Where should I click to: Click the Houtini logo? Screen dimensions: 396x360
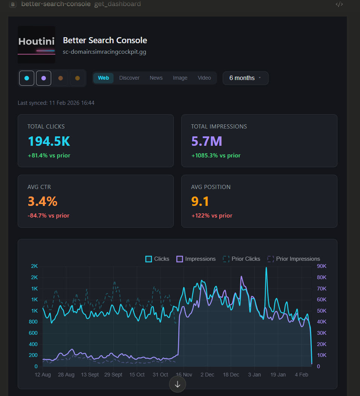coord(36,45)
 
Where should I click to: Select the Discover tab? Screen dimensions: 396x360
coord(129,78)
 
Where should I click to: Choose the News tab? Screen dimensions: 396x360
coord(156,78)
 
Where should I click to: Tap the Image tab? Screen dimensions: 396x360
coord(180,78)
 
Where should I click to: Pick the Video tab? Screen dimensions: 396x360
coord(204,78)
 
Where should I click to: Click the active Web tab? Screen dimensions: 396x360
coord(103,78)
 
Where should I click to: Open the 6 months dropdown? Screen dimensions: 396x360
coord(245,78)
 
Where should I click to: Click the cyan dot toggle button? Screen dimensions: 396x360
coord(27,78)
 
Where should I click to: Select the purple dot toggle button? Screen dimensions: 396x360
coord(44,78)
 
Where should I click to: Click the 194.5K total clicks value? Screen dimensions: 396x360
coord(49,141)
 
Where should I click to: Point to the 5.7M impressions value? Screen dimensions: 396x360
coord(207,141)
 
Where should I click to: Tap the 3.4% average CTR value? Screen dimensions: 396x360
coord(43,201)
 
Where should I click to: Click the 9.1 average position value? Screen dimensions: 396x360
coord(200,201)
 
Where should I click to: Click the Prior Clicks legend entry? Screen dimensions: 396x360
coord(242,259)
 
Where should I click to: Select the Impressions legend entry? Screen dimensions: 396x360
coord(196,259)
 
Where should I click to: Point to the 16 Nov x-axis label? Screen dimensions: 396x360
coord(184,375)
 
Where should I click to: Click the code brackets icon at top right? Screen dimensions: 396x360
coord(339,5)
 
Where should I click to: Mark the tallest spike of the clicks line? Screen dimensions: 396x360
coord(266,268)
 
